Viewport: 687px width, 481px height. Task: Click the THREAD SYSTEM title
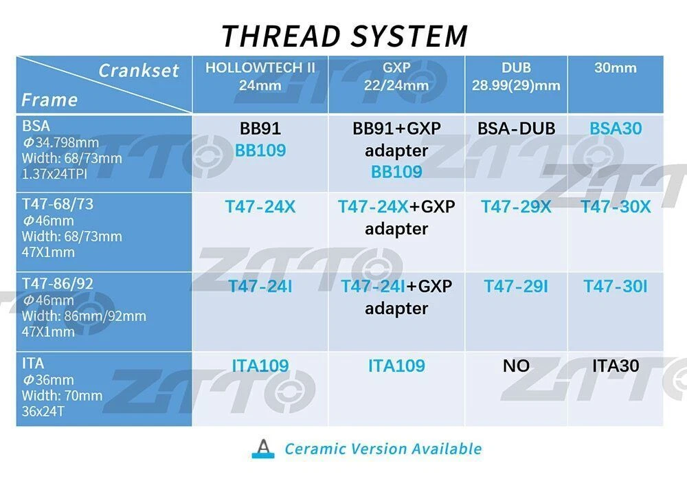tap(345, 36)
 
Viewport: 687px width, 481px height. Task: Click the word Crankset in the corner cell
tap(139, 71)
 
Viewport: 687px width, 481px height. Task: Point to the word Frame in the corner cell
tap(49, 100)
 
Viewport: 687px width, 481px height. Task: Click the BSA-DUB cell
tap(516, 128)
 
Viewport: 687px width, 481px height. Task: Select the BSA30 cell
tap(616, 128)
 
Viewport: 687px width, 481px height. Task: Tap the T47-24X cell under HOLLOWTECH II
tap(260, 207)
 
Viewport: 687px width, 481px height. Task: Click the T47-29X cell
tap(516, 207)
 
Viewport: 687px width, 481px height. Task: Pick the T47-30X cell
tap(616, 207)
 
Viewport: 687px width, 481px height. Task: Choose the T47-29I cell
tap(516, 287)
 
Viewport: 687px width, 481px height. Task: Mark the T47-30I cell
tap(616, 287)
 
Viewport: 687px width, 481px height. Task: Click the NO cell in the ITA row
tap(516, 366)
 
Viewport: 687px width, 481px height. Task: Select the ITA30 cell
tap(616, 366)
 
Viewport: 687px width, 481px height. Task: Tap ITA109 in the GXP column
tap(396, 366)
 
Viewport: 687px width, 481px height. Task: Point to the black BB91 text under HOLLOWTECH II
tap(260, 128)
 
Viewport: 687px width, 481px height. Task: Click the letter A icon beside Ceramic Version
tap(263, 449)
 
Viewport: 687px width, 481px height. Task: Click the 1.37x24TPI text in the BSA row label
tap(54, 174)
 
